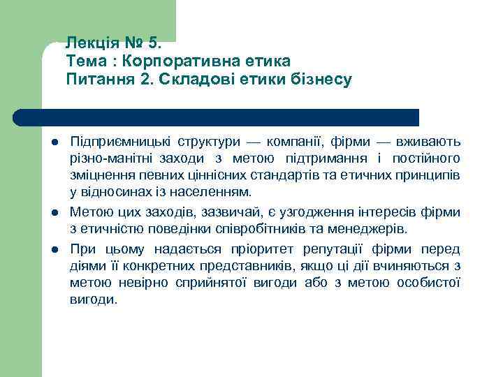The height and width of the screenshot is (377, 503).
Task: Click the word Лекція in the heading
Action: pos(89,44)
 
